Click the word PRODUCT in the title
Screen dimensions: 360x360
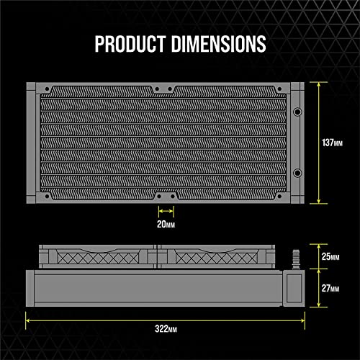coord(130,44)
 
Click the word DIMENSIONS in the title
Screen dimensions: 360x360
coord(219,44)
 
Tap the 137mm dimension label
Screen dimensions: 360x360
coord(332,143)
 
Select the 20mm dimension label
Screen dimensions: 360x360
coord(166,224)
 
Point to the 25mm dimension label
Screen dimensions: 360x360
coord(330,256)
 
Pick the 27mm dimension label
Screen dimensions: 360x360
coord(330,288)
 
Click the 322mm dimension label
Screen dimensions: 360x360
coord(166,328)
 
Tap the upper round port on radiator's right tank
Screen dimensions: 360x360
coord(297,112)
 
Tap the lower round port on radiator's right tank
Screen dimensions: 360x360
coord(297,173)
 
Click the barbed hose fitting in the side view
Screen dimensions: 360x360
coord(296,259)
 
